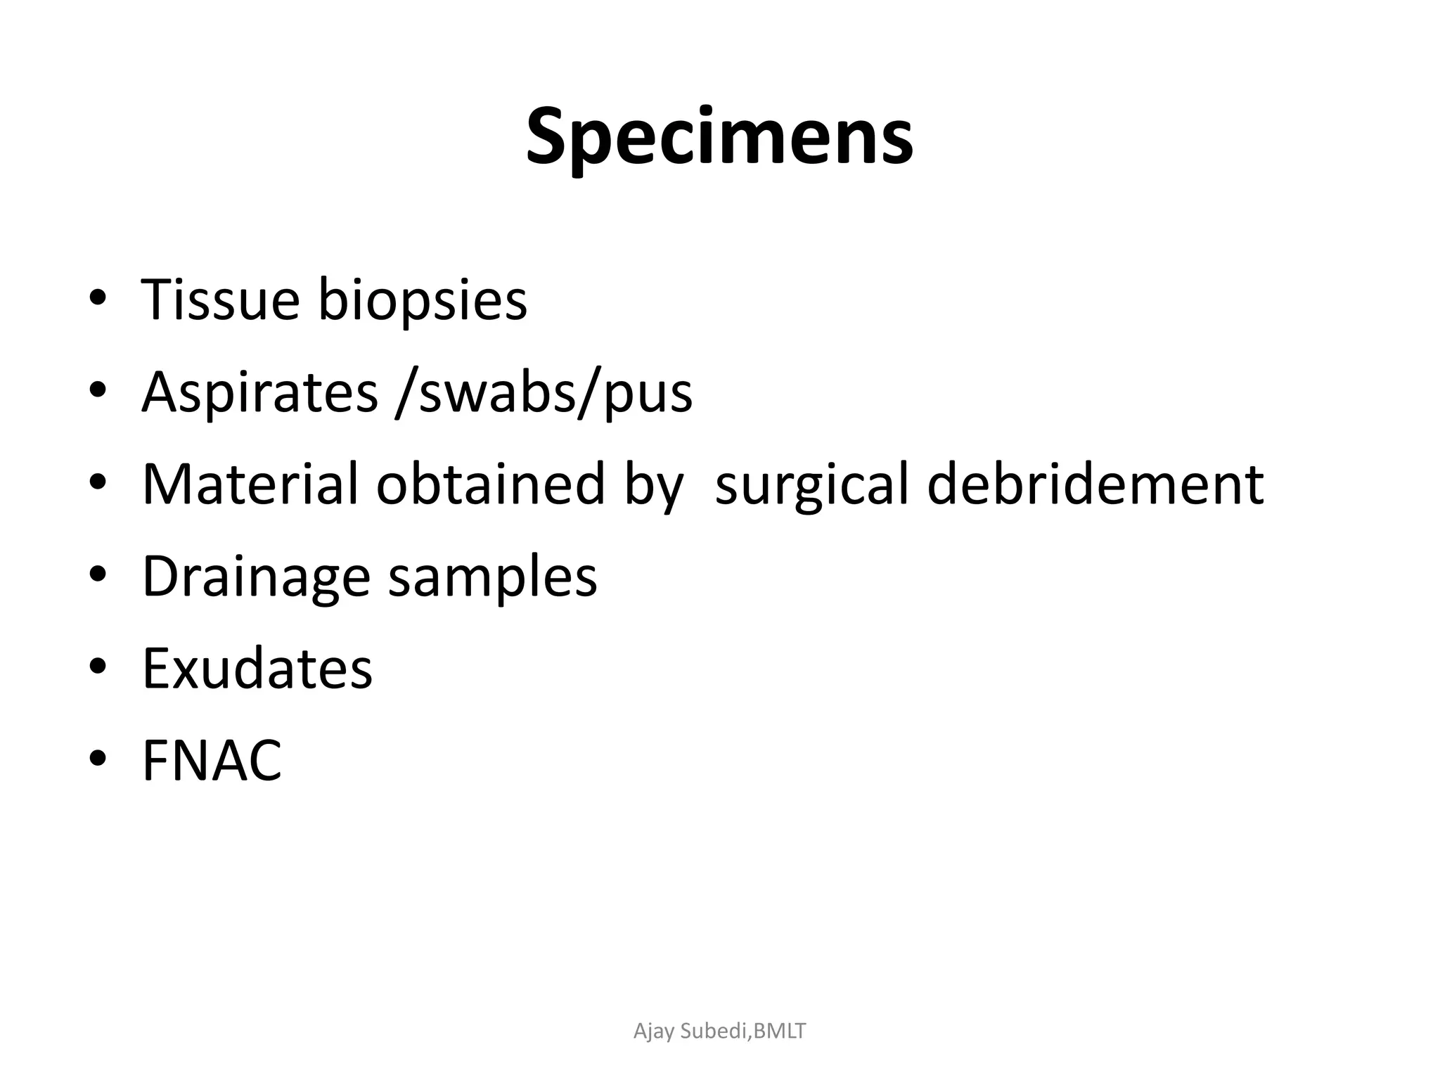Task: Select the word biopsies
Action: coord(422,300)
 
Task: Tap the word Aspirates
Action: coord(259,392)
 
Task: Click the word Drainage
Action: coord(256,577)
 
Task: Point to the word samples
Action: coord(492,577)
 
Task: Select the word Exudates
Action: coord(257,668)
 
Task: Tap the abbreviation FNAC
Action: coord(212,761)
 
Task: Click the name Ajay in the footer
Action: coord(654,1031)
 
